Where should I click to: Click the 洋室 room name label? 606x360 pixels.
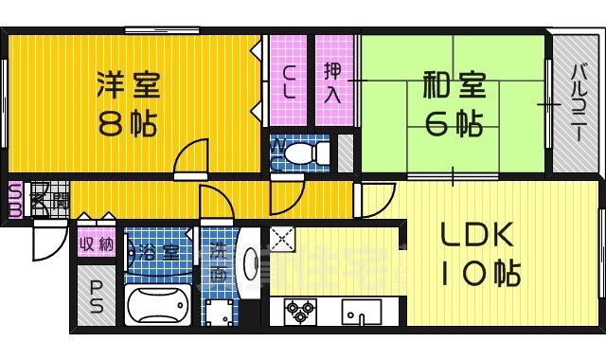point(129,85)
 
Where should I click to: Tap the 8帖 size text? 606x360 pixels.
point(127,124)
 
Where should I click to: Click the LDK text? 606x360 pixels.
point(475,235)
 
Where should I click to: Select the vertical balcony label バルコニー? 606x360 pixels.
point(577,104)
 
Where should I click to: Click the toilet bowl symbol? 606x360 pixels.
point(301,153)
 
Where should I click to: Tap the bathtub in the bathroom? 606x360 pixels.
point(157,305)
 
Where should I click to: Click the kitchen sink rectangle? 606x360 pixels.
point(362,311)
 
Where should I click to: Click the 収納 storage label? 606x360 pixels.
point(96,245)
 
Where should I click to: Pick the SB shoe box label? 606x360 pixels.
point(15,200)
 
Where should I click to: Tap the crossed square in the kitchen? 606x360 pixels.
point(282,238)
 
